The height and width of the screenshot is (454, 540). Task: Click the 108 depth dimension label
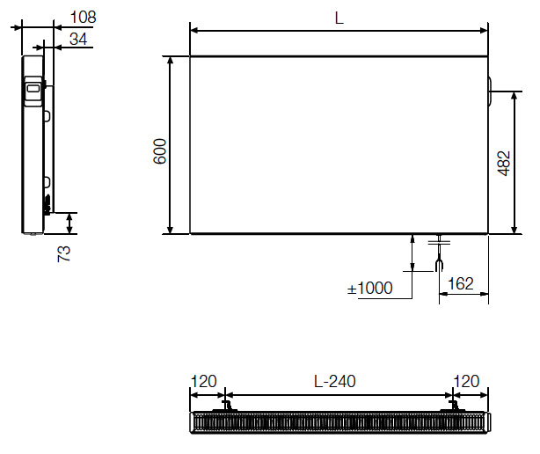point(82,17)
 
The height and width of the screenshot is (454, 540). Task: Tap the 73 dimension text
point(64,253)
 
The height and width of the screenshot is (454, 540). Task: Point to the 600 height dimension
point(159,152)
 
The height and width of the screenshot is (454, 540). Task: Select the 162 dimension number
point(461,283)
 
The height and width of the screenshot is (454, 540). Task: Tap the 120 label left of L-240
point(203,382)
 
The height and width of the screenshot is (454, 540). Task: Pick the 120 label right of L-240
point(466,382)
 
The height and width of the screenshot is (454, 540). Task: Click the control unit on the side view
point(33,91)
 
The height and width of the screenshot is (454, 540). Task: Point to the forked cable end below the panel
point(440,262)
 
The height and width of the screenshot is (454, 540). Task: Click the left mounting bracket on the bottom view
point(227,406)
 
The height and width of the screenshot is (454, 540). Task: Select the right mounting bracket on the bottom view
point(454,406)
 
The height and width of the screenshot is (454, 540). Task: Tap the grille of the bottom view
point(339,422)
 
